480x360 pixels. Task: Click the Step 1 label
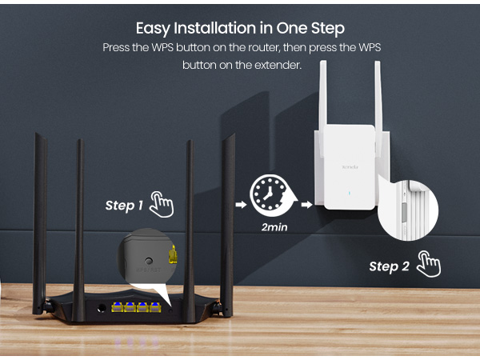click(x=124, y=206)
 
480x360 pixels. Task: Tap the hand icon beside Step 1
click(x=162, y=203)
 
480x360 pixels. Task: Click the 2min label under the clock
click(x=274, y=227)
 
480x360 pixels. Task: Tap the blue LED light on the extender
click(x=348, y=193)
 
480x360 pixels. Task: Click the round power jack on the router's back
click(x=102, y=308)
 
